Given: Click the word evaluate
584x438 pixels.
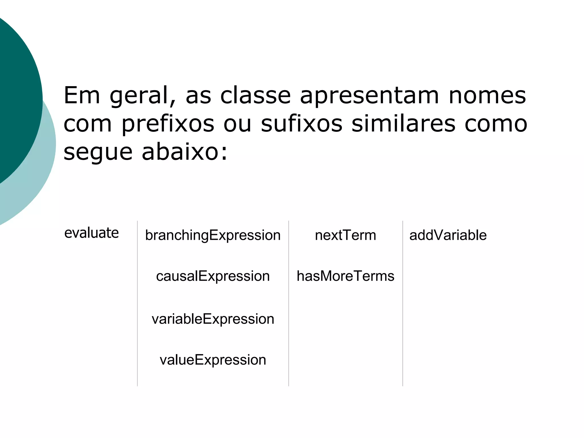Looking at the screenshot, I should pos(92,233).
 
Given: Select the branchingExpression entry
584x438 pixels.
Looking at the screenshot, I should pos(213,235).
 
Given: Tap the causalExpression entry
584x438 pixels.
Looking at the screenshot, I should pos(213,276).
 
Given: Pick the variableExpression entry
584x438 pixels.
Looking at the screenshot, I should pos(213,319).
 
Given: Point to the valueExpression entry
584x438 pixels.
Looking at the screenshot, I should pos(213,360).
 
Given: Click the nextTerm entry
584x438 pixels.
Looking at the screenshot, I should pos(345,235).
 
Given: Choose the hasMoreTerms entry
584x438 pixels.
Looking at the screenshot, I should pos(345,276).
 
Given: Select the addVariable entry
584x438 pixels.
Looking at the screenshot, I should pos(448,235).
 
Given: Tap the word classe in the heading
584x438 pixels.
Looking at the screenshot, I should pos(255,95).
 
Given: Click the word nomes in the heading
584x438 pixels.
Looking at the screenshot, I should pos(487,95).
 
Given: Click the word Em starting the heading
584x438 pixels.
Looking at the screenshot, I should pos(82,95).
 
